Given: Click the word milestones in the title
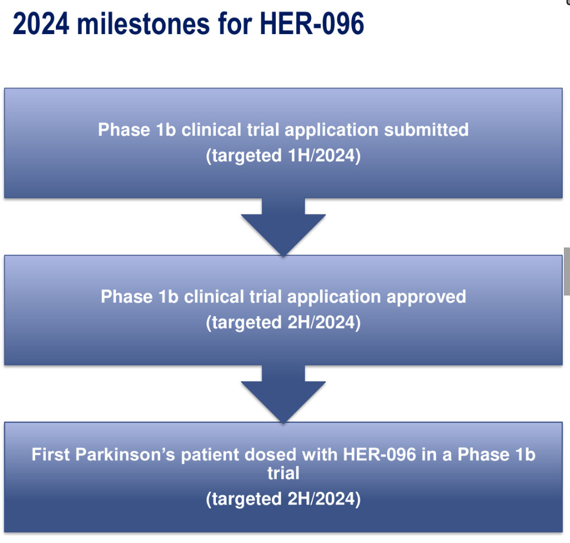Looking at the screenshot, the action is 144,23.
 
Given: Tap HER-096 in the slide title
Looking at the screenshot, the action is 312,23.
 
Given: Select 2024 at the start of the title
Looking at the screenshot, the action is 41,23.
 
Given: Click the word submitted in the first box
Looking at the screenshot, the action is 426,130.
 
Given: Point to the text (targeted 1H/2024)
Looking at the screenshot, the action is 283,156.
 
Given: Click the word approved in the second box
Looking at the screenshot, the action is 426,297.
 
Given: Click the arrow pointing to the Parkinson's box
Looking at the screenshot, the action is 283,394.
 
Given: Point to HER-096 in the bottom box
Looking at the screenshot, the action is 379,454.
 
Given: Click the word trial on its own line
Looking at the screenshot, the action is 283,473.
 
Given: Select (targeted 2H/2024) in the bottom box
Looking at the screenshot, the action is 283,499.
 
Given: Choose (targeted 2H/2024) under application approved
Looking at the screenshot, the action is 283,323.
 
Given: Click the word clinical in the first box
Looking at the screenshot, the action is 211,130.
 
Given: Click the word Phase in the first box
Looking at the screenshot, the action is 124,130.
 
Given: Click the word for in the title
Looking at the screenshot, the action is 235,23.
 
